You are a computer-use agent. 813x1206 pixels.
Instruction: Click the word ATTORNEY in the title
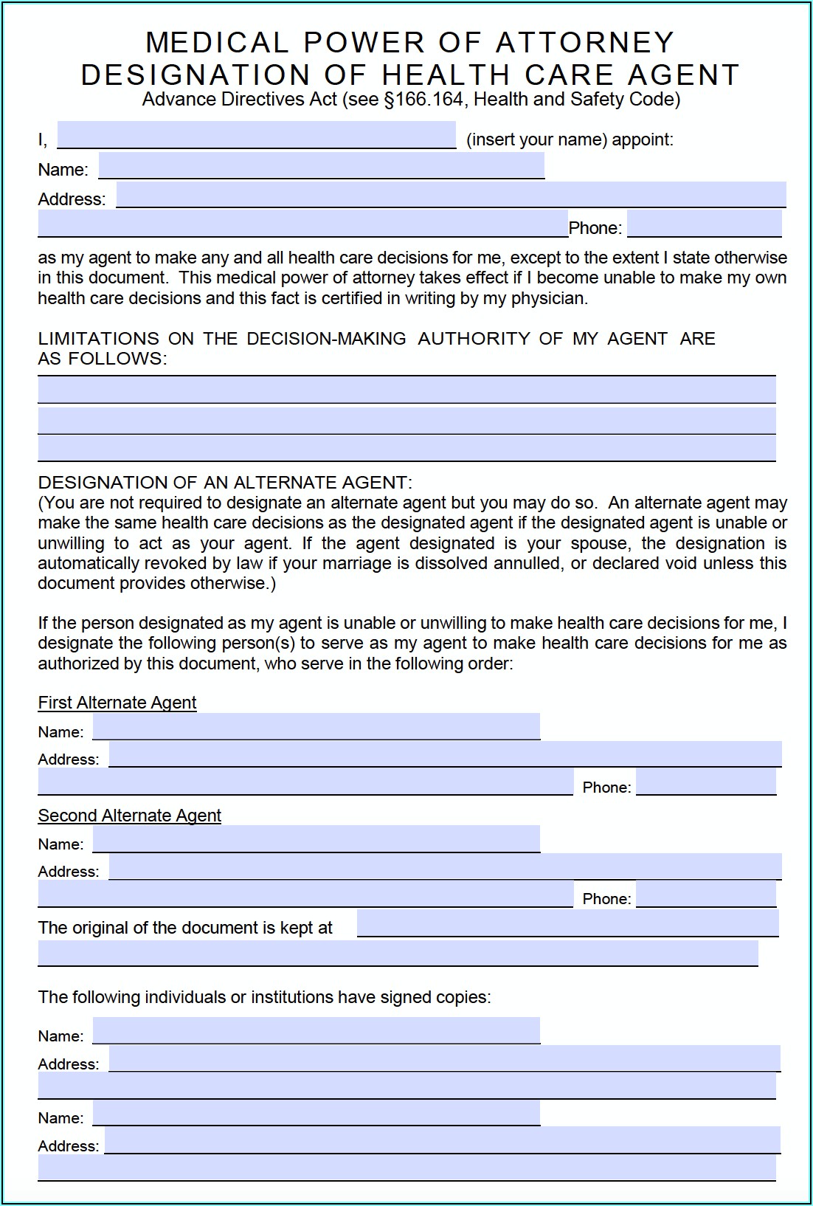[585, 43]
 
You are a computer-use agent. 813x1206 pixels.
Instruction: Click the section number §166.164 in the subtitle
[424, 100]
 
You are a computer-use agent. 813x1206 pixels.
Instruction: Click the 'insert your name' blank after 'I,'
[256, 136]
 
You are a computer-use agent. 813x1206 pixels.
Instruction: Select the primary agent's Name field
[321, 166]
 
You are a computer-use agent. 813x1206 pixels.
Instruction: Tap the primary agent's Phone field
[704, 224]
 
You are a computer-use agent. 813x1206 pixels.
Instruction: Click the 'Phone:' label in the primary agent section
[595, 228]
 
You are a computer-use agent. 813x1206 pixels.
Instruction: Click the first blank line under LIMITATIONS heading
[406, 390]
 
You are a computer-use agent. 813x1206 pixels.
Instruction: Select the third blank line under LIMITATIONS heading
[406, 448]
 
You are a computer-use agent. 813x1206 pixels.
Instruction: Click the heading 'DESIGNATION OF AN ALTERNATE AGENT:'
[225, 483]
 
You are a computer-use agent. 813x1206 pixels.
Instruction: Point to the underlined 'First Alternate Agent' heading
[117, 703]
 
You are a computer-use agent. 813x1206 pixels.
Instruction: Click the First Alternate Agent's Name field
[316, 727]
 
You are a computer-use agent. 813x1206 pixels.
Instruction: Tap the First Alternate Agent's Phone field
[706, 782]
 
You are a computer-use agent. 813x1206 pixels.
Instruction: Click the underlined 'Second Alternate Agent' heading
[129, 816]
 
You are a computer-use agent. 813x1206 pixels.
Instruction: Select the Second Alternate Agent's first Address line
[445, 866]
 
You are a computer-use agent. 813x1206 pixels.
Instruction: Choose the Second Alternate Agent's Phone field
[706, 895]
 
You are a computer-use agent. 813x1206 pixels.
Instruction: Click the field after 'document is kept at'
[567, 923]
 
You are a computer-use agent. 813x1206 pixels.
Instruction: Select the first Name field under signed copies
[316, 1030]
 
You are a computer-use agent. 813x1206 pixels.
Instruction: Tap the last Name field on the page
[316, 1113]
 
